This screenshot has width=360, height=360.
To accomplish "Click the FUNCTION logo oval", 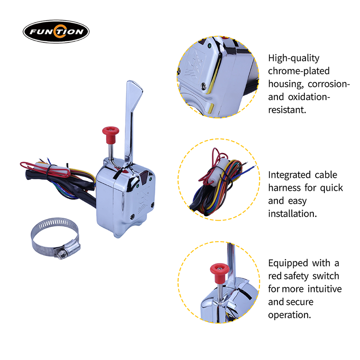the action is point(56,31).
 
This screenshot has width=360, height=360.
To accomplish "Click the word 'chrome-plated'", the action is point(299,71).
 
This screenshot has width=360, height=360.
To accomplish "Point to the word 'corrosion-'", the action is point(329,84).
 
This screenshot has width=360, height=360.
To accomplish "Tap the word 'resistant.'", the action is point(287,110).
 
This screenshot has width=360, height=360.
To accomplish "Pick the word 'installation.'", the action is point(292,214).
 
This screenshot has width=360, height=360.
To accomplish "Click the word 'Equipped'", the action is point(288,263).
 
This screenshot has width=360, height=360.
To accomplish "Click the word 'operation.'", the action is point(289,315).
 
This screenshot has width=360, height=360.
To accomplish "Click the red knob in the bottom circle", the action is point(220,273).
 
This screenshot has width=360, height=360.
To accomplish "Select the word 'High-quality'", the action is point(294,58).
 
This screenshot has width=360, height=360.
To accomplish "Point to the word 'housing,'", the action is point(285,84).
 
